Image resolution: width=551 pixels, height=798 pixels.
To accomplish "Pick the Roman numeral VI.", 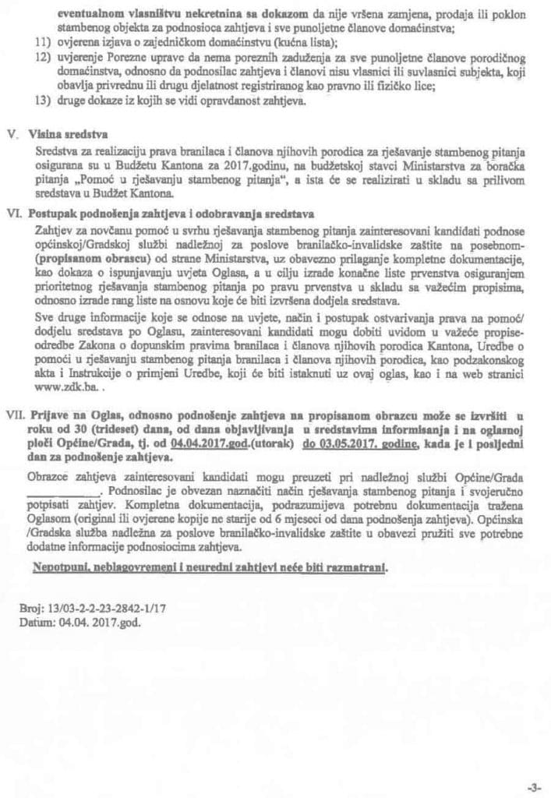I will coord(16,213).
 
